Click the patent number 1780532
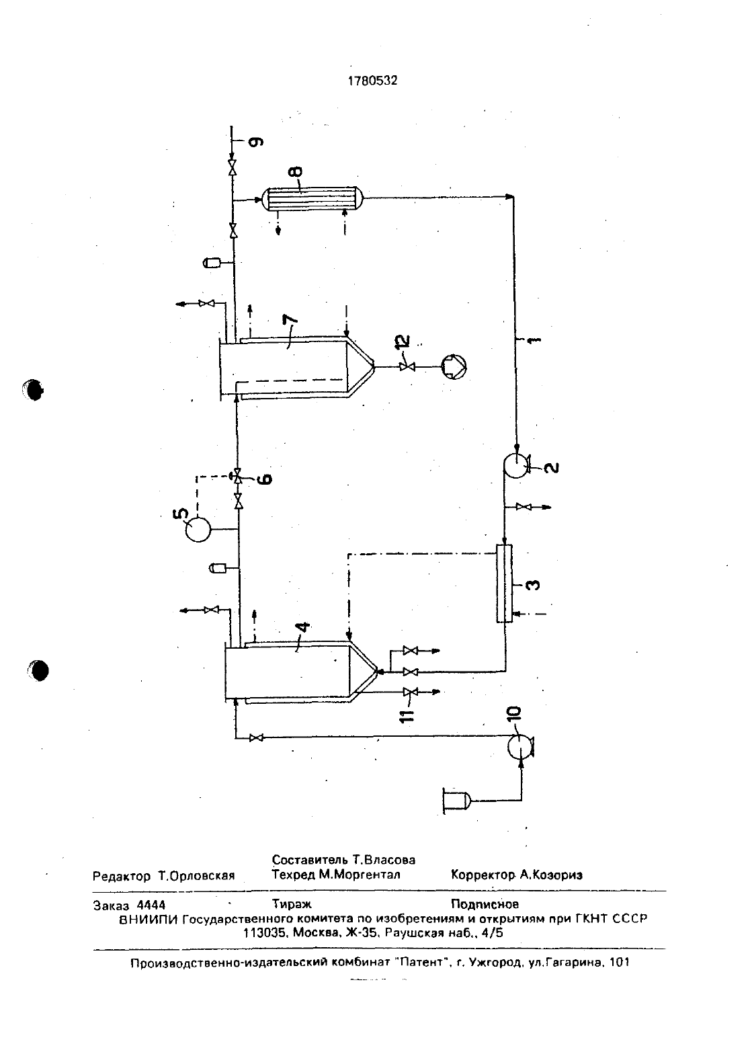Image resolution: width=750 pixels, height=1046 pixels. [372, 81]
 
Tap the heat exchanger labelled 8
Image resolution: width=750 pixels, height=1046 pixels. [312, 198]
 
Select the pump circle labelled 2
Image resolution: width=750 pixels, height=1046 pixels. [514, 466]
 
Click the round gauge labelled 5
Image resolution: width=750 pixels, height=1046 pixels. [198, 530]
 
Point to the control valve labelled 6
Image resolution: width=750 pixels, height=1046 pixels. [237, 477]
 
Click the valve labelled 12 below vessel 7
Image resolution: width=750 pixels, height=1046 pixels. [407, 367]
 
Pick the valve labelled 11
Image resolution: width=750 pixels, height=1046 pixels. [410, 692]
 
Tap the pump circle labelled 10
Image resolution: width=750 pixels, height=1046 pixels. [520, 746]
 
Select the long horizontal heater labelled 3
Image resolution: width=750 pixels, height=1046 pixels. [504, 584]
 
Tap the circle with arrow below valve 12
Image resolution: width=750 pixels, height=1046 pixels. [454, 367]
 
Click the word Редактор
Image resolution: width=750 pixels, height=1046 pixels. [122, 876]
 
